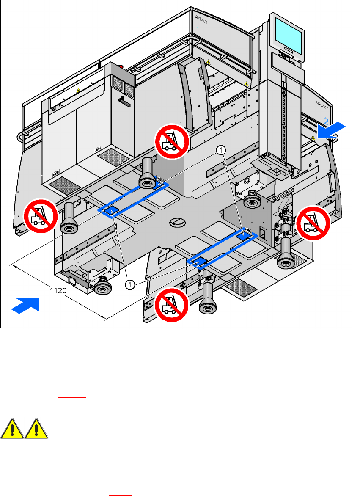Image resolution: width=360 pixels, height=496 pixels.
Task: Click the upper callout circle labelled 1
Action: [220, 149]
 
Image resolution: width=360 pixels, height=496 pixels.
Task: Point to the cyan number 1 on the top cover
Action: [197, 30]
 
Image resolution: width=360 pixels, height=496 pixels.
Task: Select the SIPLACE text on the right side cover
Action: [322, 102]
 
